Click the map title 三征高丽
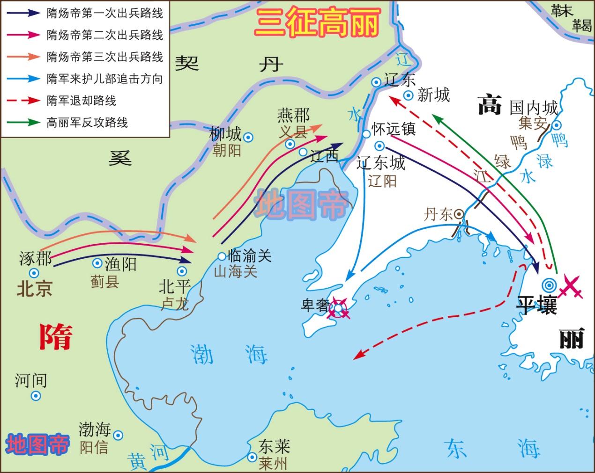(317, 22)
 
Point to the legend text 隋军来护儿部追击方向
(104, 79)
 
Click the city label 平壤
(536, 305)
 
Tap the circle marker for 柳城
(249, 137)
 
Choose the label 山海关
(236, 271)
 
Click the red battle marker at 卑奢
(339, 308)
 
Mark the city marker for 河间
(36, 396)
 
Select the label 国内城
(534, 108)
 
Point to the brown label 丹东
(438, 215)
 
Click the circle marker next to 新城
(409, 95)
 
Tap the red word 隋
(56, 336)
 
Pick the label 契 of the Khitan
(187, 63)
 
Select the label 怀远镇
(394, 128)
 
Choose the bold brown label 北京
(35, 289)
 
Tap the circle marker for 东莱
(253, 457)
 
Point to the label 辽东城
(380, 163)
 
